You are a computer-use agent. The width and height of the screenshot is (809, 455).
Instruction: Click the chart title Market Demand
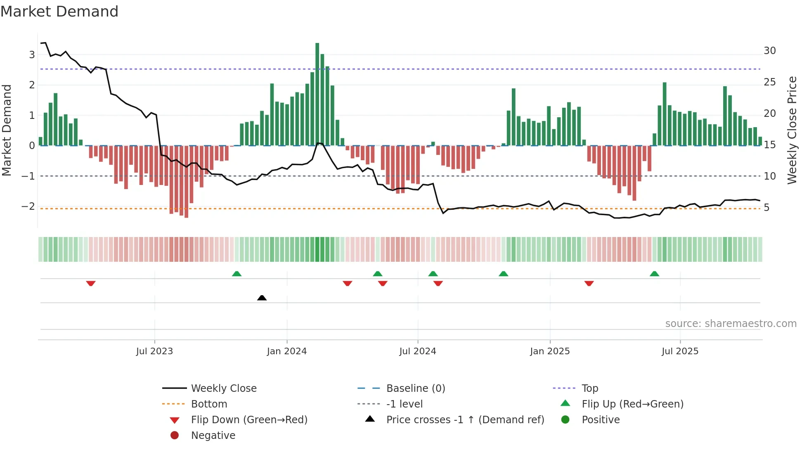(x=59, y=12)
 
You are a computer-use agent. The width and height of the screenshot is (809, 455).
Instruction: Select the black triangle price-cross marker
(x=262, y=298)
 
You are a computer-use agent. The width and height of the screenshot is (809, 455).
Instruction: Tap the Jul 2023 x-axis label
(x=154, y=351)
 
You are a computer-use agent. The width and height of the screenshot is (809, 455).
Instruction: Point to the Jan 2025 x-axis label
(x=550, y=351)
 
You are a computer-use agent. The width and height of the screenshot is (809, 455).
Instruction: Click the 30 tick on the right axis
(x=769, y=51)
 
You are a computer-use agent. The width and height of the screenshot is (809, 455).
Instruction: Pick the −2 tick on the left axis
(x=28, y=206)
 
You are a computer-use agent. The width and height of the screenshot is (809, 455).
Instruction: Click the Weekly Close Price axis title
(x=792, y=130)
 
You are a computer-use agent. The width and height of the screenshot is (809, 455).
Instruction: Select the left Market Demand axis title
(x=7, y=130)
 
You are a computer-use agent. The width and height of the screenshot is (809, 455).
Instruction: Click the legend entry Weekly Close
(x=223, y=388)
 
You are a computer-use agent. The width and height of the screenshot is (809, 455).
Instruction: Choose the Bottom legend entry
(x=209, y=404)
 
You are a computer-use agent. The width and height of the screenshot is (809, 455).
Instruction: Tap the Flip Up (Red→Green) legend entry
(x=632, y=404)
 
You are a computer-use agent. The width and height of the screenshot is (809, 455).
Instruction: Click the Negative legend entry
(x=213, y=435)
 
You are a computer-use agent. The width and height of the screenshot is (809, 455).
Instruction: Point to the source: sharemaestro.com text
(x=731, y=324)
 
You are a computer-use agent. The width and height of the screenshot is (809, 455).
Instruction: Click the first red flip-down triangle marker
(x=91, y=283)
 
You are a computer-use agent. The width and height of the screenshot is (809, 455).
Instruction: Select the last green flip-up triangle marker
(x=654, y=274)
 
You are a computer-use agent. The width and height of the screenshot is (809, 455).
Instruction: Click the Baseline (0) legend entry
(x=415, y=388)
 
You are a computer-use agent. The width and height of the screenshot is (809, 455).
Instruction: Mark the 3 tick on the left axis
(x=32, y=55)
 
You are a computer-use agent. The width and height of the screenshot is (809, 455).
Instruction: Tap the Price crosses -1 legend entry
(x=465, y=419)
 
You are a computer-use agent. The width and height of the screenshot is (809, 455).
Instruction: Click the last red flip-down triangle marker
(x=589, y=283)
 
